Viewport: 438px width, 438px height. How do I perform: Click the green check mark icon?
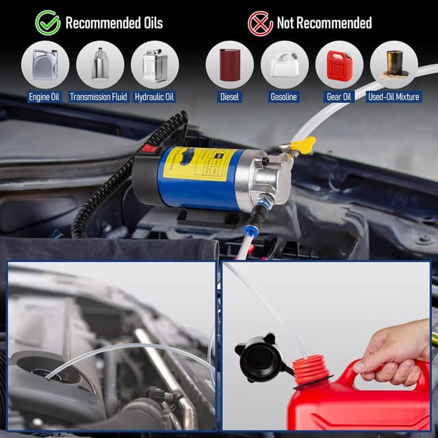(x=48, y=22)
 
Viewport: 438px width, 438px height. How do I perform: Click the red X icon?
(x=261, y=23)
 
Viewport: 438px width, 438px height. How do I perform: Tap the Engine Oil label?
(x=44, y=96)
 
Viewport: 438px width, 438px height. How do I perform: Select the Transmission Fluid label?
(x=99, y=96)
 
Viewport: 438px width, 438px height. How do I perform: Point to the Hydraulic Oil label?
(x=155, y=96)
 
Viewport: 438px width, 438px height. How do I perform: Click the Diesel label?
(x=229, y=96)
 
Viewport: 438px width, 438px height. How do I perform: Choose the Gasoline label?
(x=283, y=96)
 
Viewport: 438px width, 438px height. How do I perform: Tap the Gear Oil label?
(x=339, y=96)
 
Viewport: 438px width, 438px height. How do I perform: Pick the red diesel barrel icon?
(x=229, y=64)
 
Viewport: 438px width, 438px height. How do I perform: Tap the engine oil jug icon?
(x=44, y=64)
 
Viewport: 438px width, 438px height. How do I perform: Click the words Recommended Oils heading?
(x=114, y=23)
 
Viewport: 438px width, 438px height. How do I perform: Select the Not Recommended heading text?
(x=324, y=23)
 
